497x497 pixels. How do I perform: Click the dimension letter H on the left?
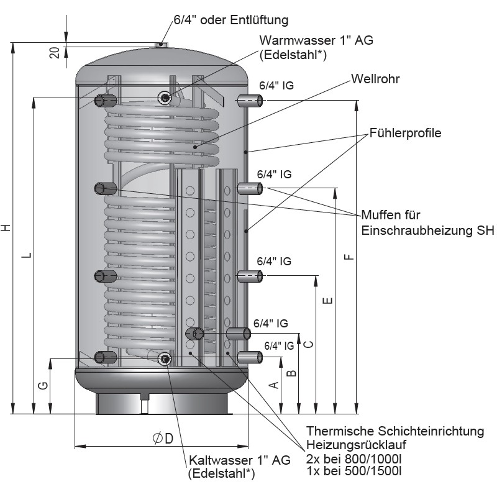coord(7,228)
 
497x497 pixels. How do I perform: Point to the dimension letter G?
coord(42,386)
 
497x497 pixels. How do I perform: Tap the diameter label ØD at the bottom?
coord(162,439)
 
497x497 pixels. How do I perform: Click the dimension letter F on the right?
coord(349,257)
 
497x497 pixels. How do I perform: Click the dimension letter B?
coord(290,373)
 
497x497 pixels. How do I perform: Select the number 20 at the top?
coord(55,52)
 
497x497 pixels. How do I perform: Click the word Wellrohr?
coord(375,79)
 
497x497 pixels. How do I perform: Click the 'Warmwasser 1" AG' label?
coord(316,40)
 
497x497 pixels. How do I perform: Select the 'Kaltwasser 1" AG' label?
coord(239,460)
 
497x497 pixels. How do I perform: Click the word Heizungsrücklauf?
coord(357,445)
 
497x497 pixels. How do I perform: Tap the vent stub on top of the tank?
coord(160,44)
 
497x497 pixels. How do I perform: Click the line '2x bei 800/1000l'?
coord(352,458)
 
